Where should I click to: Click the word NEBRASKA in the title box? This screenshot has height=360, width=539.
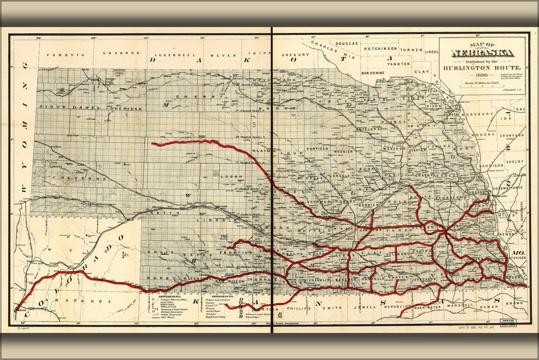pos(482,52)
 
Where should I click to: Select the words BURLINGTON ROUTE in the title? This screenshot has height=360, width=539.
pos(482,67)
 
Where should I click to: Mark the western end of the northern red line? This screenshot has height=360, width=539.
pos(153,145)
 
